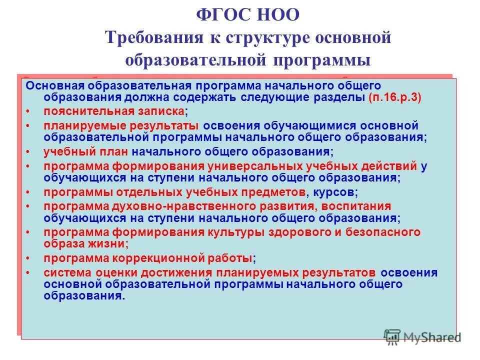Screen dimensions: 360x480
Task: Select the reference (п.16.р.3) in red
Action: tap(395, 97)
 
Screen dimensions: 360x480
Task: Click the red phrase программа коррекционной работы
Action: tap(147, 258)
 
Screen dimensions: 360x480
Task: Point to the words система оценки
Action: tap(90, 272)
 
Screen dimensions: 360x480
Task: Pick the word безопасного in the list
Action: tap(385, 232)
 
